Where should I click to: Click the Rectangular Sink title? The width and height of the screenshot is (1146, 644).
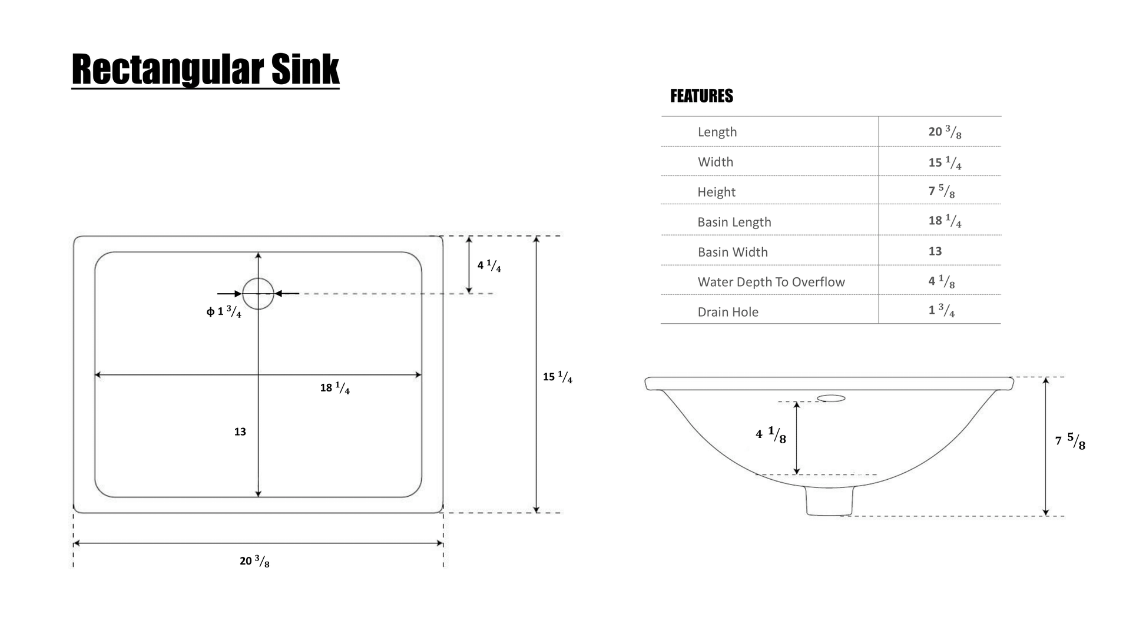(x=206, y=69)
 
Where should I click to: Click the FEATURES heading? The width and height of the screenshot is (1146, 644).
(x=701, y=96)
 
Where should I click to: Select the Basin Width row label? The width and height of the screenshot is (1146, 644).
(x=733, y=252)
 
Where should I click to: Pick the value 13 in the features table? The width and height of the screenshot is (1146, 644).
(x=935, y=251)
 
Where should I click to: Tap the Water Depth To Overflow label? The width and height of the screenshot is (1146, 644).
(x=771, y=282)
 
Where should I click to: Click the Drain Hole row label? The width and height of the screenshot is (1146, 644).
(x=728, y=312)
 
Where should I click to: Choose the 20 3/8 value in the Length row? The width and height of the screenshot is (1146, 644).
(x=945, y=132)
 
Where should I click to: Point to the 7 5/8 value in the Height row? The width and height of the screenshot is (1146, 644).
(x=941, y=191)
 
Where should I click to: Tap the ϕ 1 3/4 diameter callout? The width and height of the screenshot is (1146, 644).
(x=224, y=311)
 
